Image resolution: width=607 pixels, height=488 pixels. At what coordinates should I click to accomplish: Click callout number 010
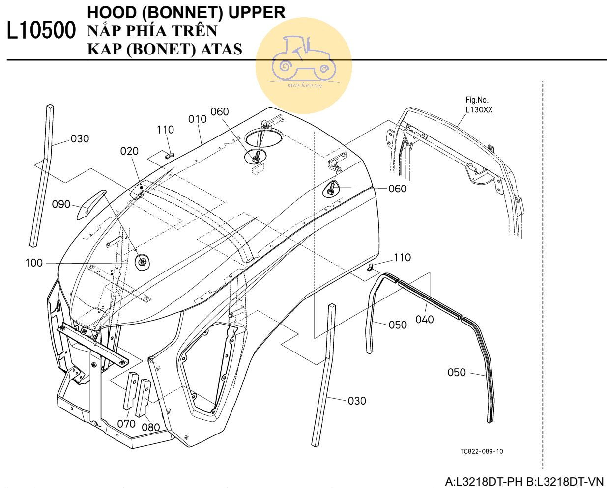click(x=197, y=119)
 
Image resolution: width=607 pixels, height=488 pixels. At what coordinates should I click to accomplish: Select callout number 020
click(x=129, y=151)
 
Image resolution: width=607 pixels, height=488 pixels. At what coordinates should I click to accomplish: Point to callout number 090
click(x=61, y=204)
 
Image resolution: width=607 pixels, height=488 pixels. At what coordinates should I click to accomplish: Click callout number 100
click(x=34, y=263)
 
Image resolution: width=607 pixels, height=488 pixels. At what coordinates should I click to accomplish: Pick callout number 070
click(x=126, y=423)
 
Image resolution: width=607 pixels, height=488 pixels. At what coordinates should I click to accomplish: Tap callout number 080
click(x=150, y=427)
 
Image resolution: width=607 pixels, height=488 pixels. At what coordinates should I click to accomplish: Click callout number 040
click(x=424, y=320)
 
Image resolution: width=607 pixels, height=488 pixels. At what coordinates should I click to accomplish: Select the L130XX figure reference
click(x=479, y=110)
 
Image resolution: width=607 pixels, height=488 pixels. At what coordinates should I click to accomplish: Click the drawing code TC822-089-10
click(x=481, y=451)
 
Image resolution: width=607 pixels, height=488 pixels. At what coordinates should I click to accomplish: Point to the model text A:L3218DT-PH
click(x=484, y=482)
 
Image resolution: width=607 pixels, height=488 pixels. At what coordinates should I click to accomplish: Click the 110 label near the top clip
click(x=165, y=130)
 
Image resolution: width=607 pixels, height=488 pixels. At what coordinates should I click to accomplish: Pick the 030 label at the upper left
click(x=80, y=139)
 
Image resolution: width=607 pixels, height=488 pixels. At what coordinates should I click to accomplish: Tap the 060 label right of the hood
click(x=397, y=189)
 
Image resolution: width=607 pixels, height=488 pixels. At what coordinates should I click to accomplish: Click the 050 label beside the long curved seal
click(x=456, y=373)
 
